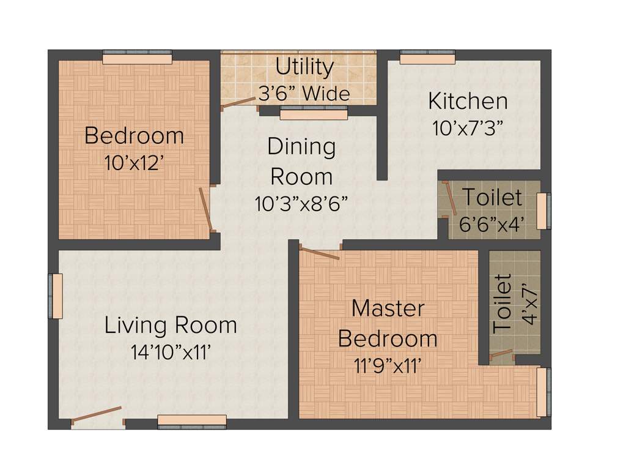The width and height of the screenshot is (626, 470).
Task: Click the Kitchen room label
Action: click(467, 100)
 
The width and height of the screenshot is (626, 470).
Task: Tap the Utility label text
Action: click(304, 67)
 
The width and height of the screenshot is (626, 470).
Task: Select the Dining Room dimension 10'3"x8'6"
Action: click(301, 204)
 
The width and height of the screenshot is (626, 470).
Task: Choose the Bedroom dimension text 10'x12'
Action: click(134, 162)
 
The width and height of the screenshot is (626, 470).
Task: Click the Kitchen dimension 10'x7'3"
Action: click(468, 129)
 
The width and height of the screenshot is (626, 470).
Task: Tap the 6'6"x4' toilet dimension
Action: click(492, 224)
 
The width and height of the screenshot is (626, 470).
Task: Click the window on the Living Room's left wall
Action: click(57, 296)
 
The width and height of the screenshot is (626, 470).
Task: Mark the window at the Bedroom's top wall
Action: click(137, 58)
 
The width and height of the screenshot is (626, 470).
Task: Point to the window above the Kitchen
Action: click(427, 58)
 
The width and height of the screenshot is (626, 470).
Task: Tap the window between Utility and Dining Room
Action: click(313, 113)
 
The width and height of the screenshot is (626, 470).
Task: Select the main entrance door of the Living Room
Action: click(97, 414)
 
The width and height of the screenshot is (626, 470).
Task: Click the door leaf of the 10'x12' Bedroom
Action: click(205, 209)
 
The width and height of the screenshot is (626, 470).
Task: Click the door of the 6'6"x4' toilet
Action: click(450, 199)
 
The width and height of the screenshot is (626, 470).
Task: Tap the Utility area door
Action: click(239, 103)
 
